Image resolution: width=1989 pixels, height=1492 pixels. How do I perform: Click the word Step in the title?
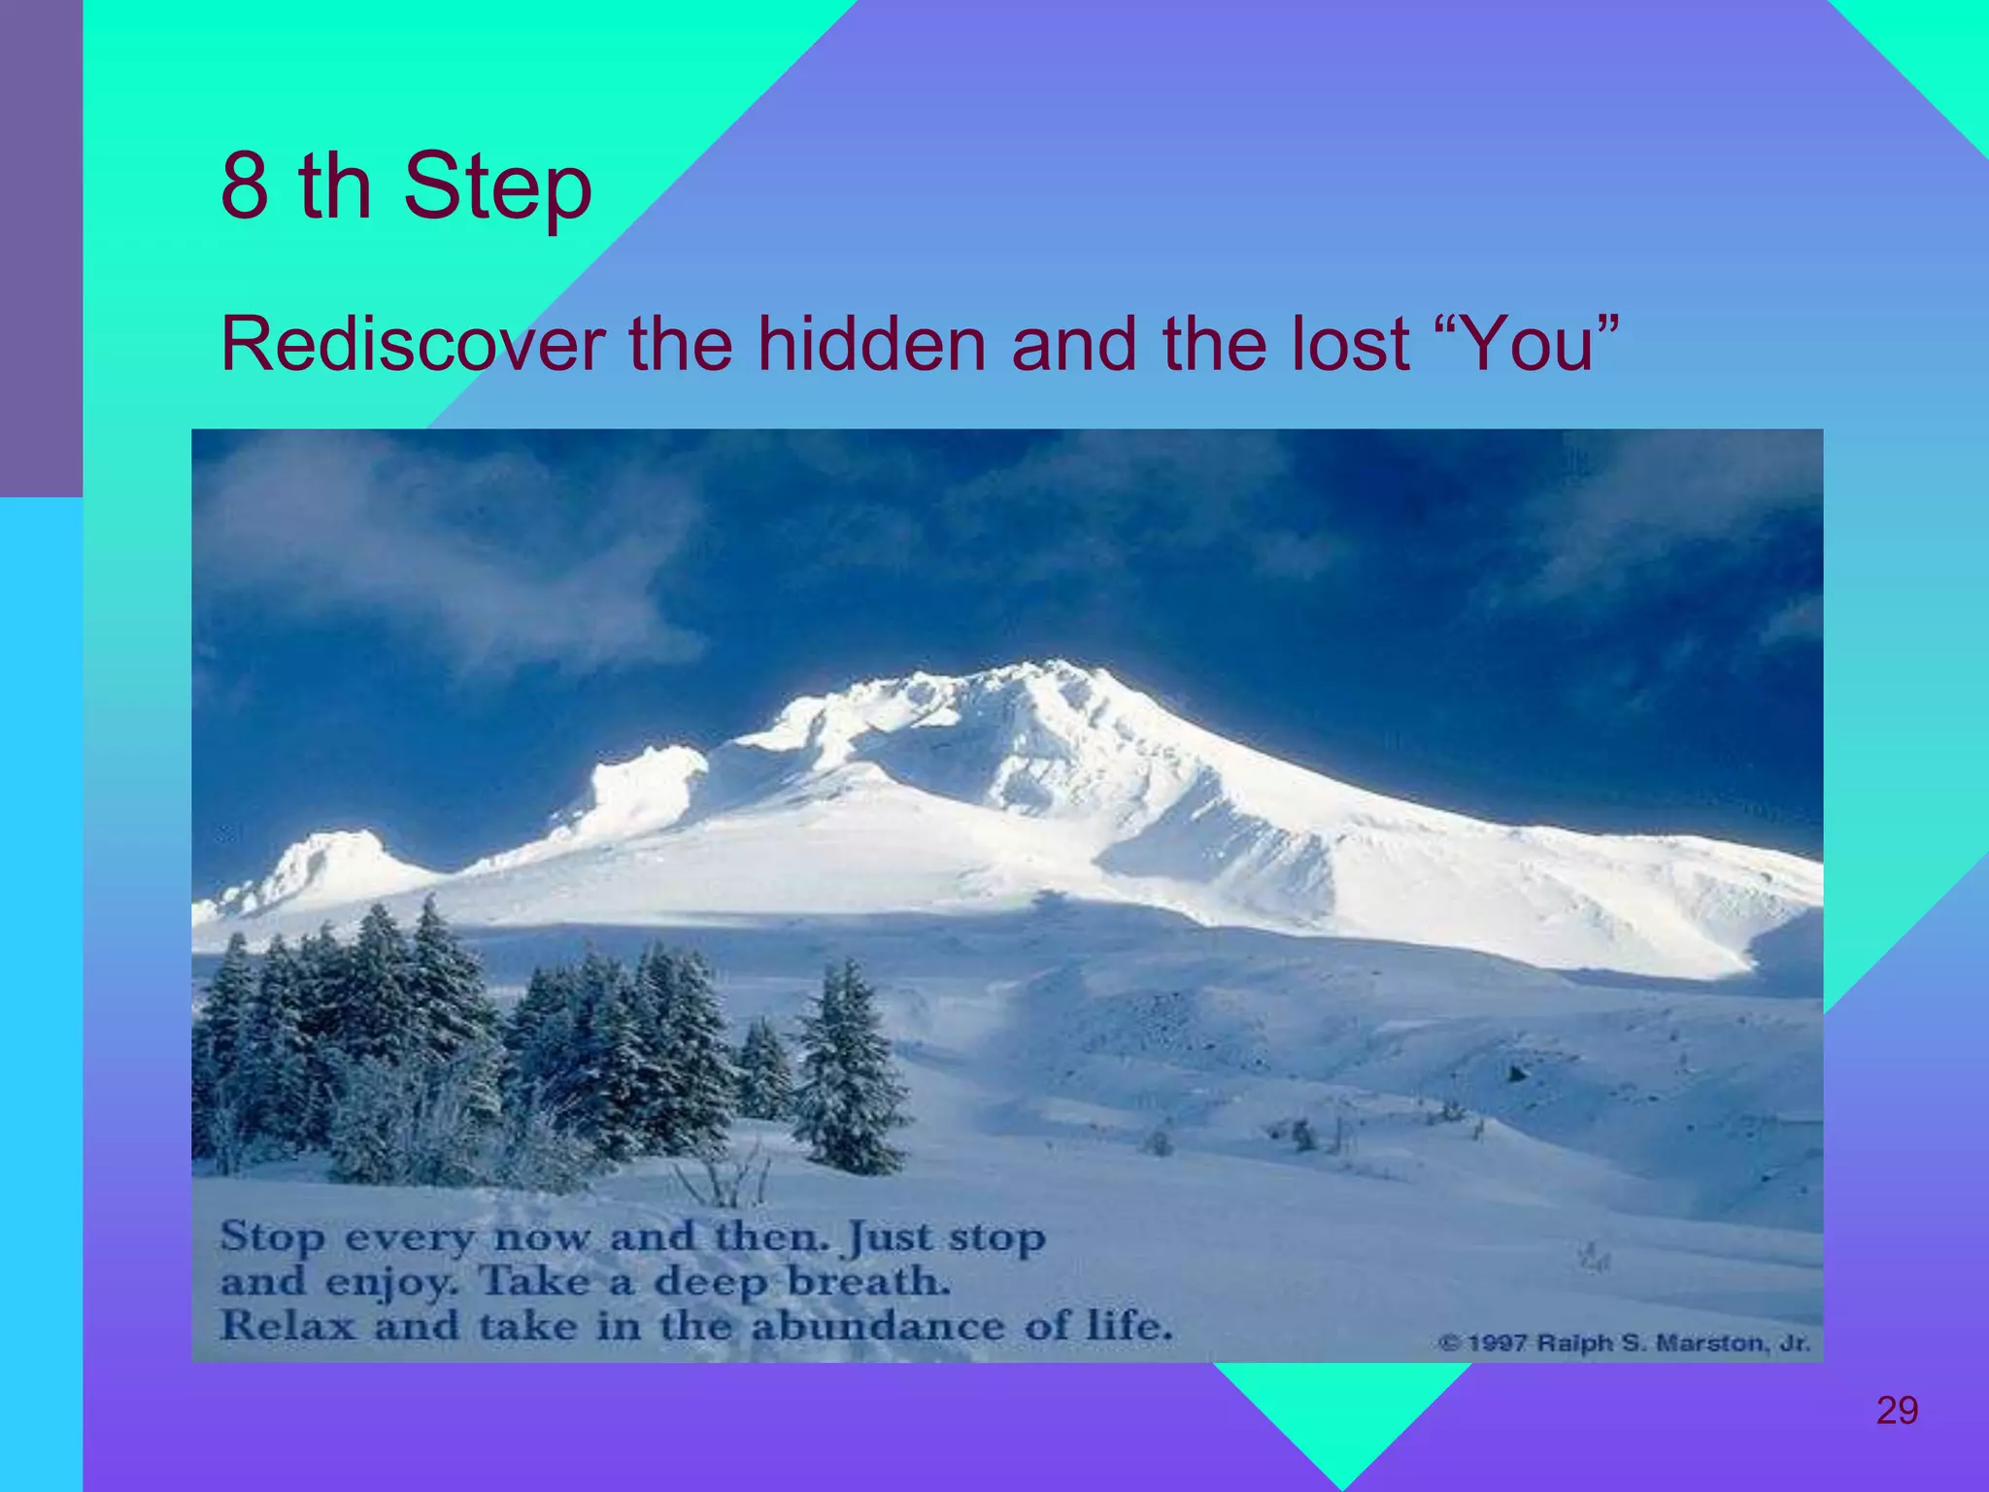point(496,186)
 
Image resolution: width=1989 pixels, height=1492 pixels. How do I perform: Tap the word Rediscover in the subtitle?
point(413,344)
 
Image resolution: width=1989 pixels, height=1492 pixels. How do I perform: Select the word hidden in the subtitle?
point(871,344)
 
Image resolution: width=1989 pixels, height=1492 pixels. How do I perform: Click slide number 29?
point(1896,1409)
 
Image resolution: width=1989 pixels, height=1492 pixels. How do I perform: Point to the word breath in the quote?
point(866,1282)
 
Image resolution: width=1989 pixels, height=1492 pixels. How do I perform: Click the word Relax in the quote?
point(287,1326)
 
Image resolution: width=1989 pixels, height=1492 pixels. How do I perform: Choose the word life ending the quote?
point(1127,1326)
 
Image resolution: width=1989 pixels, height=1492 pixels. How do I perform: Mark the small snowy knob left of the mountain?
point(330,855)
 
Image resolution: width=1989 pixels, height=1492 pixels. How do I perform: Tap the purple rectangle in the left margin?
point(41,248)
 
